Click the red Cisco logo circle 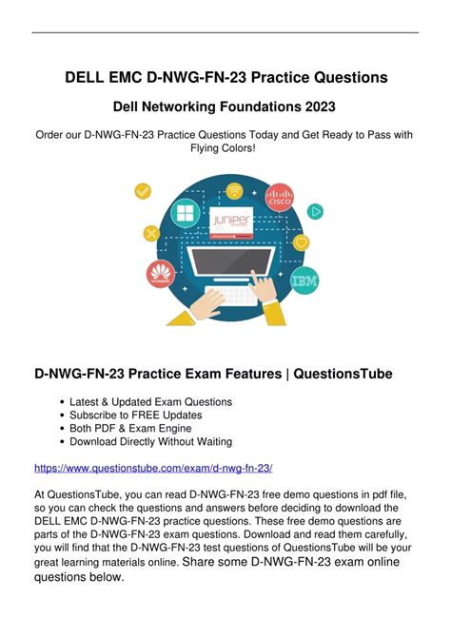tap(280, 198)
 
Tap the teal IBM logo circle tap(304, 280)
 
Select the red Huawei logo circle tap(161, 274)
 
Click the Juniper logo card tap(231, 222)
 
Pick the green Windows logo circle tap(186, 213)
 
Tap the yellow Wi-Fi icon tap(234, 190)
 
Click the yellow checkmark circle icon tap(143, 191)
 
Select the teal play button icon tap(315, 212)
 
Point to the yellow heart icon tap(301, 243)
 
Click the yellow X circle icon tap(151, 233)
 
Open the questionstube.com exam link tap(153, 469)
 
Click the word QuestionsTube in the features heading tap(343, 374)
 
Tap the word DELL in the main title tap(84, 77)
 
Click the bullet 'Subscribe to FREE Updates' tap(136, 415)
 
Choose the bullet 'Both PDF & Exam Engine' tap(130, 428)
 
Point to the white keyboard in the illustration tap(231, 296)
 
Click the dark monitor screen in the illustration tap(231, 261)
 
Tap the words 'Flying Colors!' tap(223, 148)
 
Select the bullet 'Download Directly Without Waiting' tap(151, 441)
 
